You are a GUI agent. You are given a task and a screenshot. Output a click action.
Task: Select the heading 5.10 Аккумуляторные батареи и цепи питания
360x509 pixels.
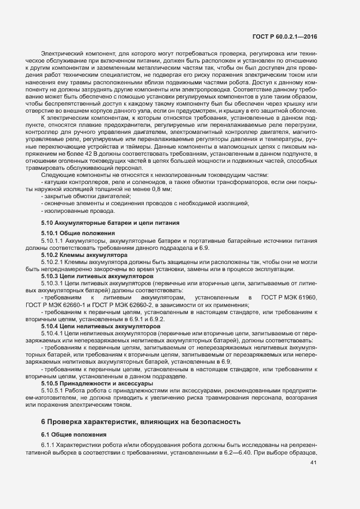point(110,223)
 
